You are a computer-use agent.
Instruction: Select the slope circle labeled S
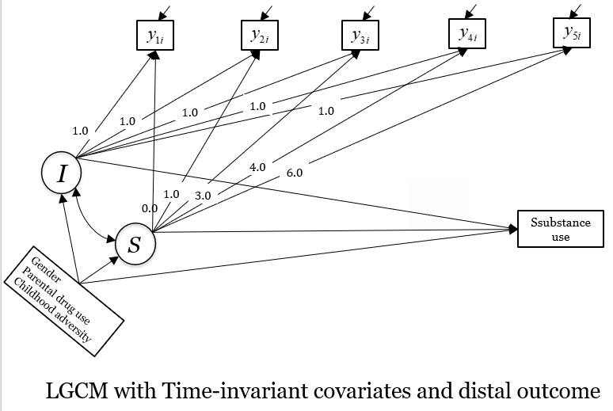(135, 244)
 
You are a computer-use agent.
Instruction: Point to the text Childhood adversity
(63, 312)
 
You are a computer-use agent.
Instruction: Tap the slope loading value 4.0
(257, 168)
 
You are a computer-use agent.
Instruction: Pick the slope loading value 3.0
(204, 193)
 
